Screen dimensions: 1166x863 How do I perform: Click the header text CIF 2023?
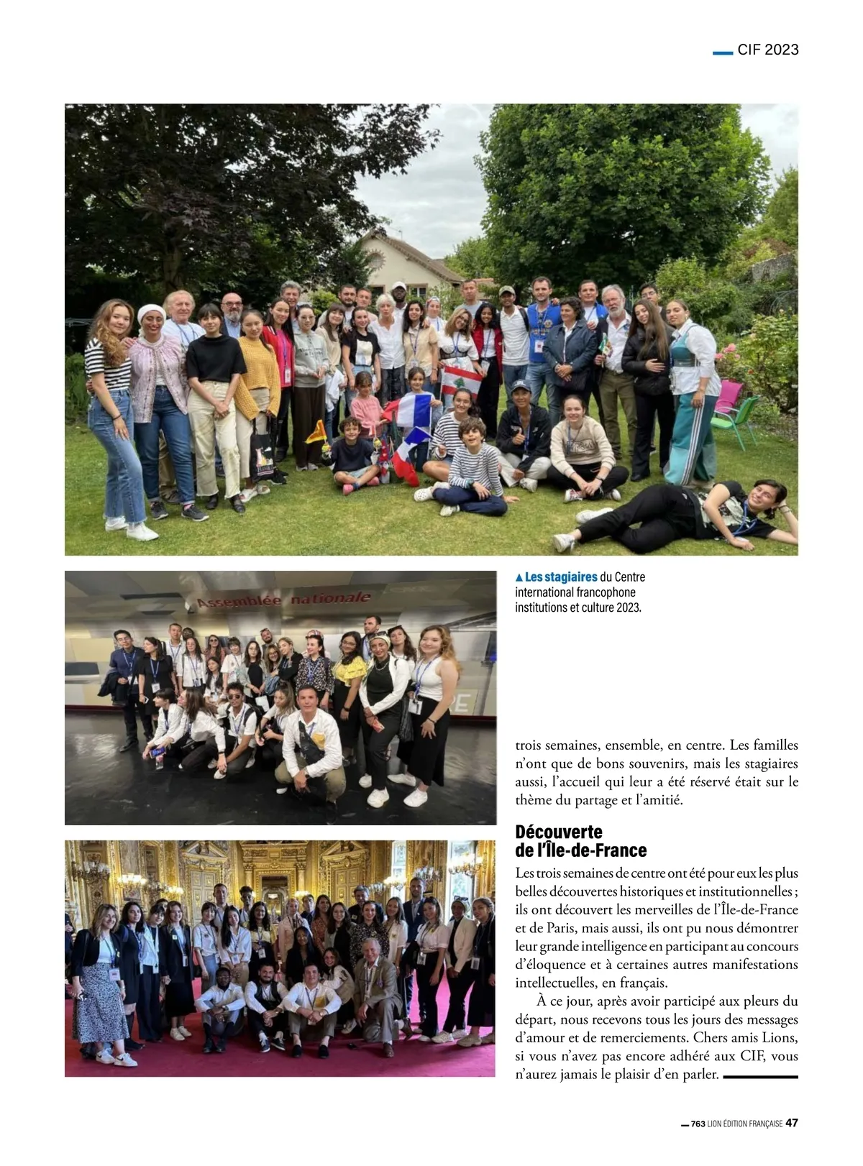767,50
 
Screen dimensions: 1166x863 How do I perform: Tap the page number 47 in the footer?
791,1123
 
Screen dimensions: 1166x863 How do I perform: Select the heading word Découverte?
559,832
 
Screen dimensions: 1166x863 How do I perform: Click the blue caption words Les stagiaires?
561,577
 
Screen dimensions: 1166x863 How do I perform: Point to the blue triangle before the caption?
519,577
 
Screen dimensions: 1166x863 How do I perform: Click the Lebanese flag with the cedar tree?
461,380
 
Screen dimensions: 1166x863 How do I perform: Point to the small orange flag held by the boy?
316,431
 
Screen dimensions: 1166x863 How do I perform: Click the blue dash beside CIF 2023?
722,52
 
